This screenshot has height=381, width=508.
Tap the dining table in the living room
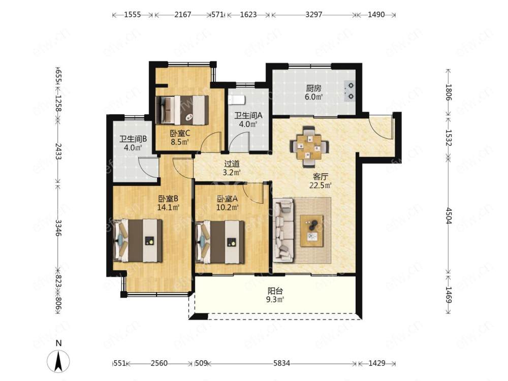coord(309,146)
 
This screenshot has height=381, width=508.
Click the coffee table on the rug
coord(312,231)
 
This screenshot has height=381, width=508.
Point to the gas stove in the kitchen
coord(350,91)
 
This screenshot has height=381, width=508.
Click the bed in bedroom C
coord(182,110)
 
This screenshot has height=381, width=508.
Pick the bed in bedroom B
coord(138,240)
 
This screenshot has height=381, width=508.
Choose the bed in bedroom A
coord(220,242)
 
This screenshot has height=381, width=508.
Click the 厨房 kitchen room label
coord(313,88)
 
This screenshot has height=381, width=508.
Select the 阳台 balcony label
coord(275,291)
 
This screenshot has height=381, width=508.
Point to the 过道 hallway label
coord(232,164)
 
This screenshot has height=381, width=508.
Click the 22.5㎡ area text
coord(321,185)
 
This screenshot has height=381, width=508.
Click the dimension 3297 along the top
coord(314,15)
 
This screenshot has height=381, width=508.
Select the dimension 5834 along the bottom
coord(281,363)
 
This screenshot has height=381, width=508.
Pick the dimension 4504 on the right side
coord(449,216)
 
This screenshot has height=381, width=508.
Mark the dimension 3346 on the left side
coord(58,228)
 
